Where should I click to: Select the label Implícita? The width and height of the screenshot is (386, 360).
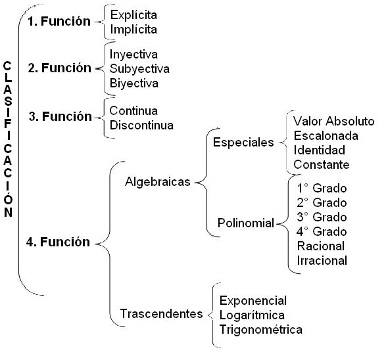(133, 30)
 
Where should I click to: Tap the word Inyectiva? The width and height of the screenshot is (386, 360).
(134, 54)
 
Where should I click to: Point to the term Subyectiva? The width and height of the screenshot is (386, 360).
(139, 68)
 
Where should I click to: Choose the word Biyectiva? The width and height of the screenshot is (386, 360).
(134, 83)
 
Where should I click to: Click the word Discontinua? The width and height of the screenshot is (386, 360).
(141, 125)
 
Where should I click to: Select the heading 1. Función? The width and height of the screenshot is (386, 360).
(59, 21)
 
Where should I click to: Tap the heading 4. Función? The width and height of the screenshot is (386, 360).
(59, 242)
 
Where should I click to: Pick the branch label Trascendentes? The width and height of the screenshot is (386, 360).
(161, 314)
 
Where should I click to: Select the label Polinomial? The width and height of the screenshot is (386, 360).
(246, 223)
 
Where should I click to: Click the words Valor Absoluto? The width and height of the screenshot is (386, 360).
(333, 122)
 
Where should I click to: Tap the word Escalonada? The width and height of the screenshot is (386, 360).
(326, 136)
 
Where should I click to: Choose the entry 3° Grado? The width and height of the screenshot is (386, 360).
(322, 216)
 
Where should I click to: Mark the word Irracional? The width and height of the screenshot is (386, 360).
(322, 260)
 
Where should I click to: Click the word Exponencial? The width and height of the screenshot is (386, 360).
(253, 300)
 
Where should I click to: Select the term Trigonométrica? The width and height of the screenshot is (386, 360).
(261, 330)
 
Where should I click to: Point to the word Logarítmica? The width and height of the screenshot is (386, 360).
(253, 315)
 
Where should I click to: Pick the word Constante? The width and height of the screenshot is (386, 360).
(322, 165)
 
